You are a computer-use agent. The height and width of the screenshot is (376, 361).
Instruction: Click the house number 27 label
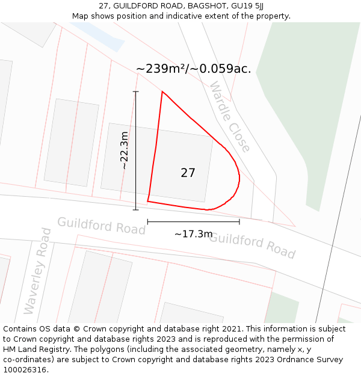[188, 173]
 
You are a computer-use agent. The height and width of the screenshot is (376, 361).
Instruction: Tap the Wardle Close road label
[229, 117]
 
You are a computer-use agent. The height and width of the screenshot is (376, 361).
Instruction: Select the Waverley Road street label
[38, 270]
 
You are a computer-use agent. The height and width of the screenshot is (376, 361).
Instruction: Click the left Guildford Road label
[101, 226]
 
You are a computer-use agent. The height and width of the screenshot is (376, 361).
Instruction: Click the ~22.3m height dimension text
[124, 150]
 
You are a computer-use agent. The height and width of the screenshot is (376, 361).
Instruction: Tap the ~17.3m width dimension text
[193, 234]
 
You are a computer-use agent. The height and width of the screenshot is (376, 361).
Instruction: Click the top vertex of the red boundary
[162, 91]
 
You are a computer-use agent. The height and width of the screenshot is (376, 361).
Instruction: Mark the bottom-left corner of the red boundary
[147, 201]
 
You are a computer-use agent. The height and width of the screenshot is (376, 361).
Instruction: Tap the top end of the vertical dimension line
[135, 91]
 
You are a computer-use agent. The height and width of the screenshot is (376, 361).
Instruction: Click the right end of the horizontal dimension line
[239, 222]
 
